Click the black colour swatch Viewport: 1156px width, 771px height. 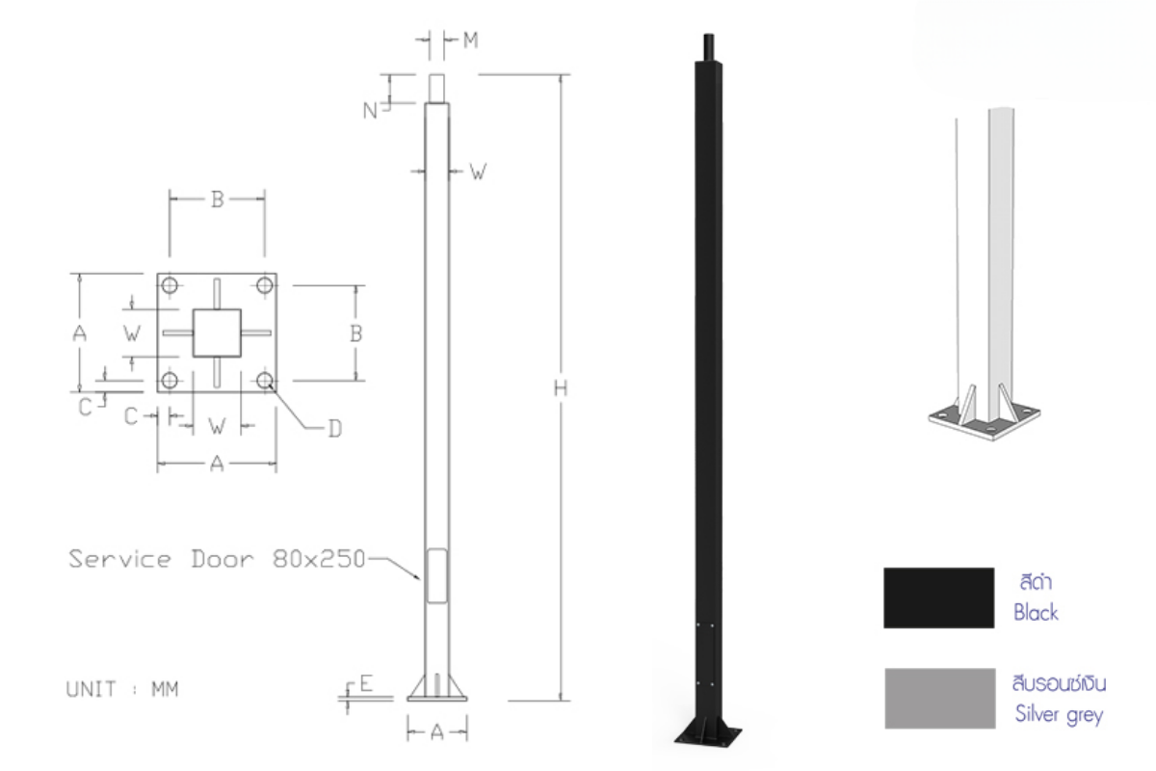click(938, 598)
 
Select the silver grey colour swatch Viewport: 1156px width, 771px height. click(940, 698)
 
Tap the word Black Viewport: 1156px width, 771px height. click(1036, 612)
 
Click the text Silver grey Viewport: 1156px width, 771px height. click(1059, 715)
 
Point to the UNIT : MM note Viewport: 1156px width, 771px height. click(122, 689)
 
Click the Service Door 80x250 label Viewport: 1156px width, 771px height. click(218, 559)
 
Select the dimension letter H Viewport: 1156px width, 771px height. click(561, 387)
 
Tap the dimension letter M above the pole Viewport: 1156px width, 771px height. click(470, 40)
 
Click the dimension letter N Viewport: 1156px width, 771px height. click(370, 111)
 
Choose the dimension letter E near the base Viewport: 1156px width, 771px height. click(366, 683)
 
